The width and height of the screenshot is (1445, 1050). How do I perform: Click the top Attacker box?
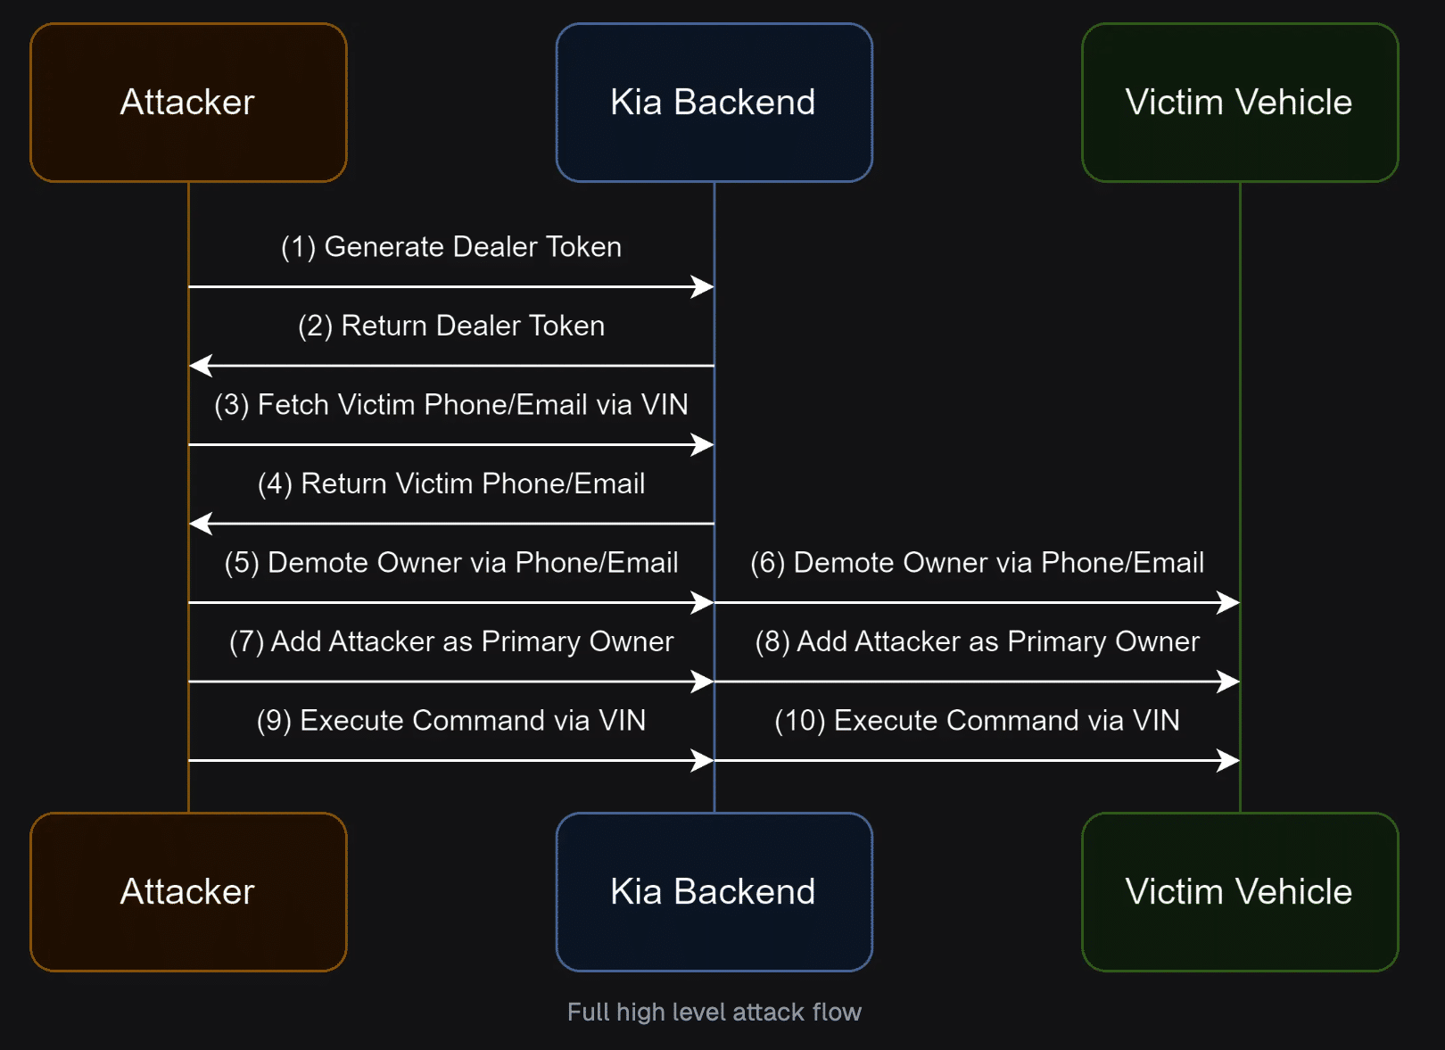tap(188, 103)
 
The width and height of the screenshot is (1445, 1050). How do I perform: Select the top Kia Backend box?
tap(714, 103)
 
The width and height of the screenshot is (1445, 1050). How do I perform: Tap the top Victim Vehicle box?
tap(1240, 103)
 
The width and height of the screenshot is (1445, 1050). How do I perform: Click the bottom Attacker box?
tap(188, 892)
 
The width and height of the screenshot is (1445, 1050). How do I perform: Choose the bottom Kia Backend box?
tap(714, 892)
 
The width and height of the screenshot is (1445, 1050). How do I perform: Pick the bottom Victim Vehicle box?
tap(1240, 892)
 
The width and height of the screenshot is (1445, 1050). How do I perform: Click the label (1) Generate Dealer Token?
tap(451, 247)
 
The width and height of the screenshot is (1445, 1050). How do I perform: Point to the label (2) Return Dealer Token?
tap(451, 326)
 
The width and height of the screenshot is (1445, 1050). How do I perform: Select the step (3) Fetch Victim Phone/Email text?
tap(451, 405)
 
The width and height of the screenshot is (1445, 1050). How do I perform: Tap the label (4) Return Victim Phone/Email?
tap(451, 484)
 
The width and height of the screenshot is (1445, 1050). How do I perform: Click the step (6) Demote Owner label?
tap(978, 563)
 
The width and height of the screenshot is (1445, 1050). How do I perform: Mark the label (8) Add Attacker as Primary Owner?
tap(978, 642)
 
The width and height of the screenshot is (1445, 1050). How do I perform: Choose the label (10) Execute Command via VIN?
tap(978, 721)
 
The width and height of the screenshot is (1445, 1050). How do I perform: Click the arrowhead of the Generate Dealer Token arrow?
tap(703, 286)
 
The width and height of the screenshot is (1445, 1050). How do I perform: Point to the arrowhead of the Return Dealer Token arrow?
tap(201, 366)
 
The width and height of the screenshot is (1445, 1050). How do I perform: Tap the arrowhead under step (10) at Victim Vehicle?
tap(1228, 761)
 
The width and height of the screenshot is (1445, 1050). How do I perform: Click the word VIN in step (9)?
tap(623, 720)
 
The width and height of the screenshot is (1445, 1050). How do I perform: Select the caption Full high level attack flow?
tap(714, 1013)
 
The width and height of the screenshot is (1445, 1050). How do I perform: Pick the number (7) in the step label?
tap(246, 642)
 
